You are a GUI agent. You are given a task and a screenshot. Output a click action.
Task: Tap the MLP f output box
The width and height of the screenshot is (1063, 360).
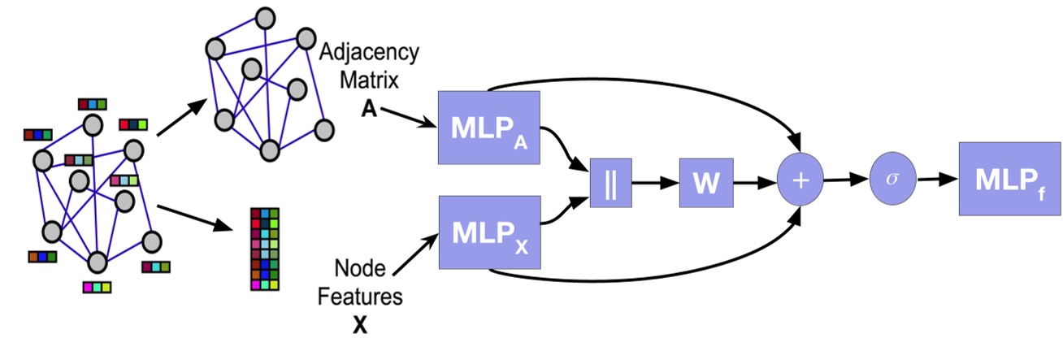999,179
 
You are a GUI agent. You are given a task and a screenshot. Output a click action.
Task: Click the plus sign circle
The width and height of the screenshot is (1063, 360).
801,180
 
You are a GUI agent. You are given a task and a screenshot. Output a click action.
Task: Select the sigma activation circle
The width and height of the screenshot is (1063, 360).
892,179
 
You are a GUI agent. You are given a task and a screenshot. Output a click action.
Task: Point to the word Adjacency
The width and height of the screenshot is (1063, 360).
370,53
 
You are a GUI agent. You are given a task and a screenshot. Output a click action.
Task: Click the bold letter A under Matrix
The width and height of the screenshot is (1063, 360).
368,111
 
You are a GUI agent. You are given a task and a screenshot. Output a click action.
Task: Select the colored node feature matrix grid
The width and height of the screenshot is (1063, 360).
265,248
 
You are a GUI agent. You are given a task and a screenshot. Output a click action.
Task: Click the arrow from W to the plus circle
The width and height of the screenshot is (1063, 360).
754,182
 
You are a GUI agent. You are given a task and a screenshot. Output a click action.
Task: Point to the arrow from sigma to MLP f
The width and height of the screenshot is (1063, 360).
935,180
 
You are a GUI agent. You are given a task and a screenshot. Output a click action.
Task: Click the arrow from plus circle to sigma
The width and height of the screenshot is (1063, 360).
846,180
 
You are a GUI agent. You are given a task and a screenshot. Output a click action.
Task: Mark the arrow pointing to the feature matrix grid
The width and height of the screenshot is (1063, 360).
195,219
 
